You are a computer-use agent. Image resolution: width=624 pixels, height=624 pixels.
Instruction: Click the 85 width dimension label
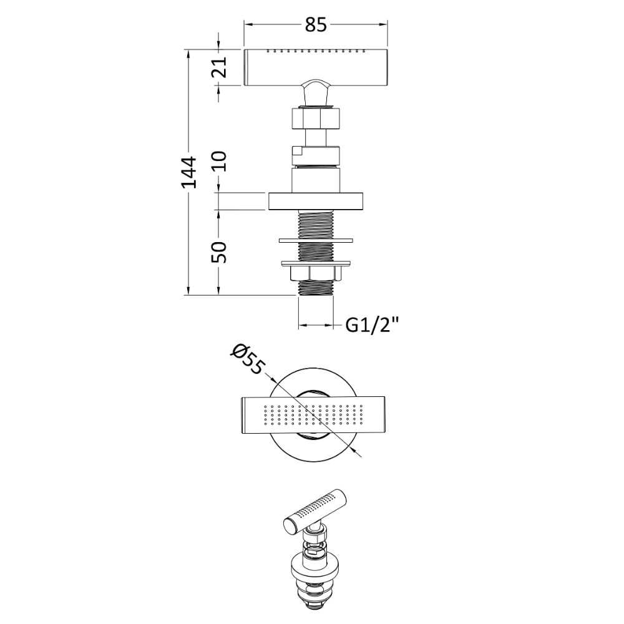316,25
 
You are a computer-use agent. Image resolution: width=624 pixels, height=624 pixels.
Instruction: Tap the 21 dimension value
218,67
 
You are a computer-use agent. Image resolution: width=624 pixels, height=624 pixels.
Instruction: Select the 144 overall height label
188,172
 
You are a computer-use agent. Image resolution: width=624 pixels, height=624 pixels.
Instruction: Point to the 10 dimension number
218,161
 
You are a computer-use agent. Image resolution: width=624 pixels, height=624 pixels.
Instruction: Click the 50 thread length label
218,252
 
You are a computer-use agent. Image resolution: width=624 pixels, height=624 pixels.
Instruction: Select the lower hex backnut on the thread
316,273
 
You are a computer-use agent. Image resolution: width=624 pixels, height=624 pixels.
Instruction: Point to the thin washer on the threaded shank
316,240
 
